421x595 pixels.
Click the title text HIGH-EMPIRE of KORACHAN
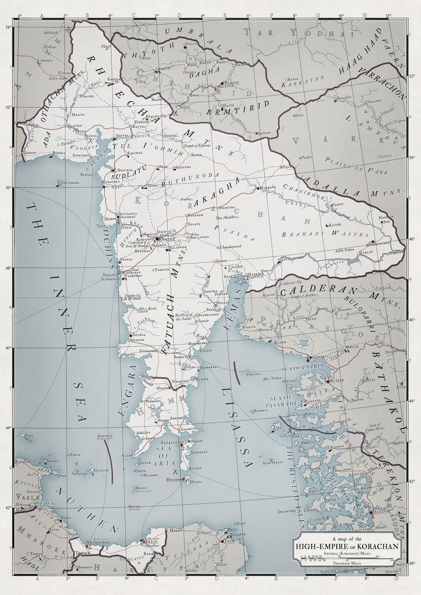[347, 546]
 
